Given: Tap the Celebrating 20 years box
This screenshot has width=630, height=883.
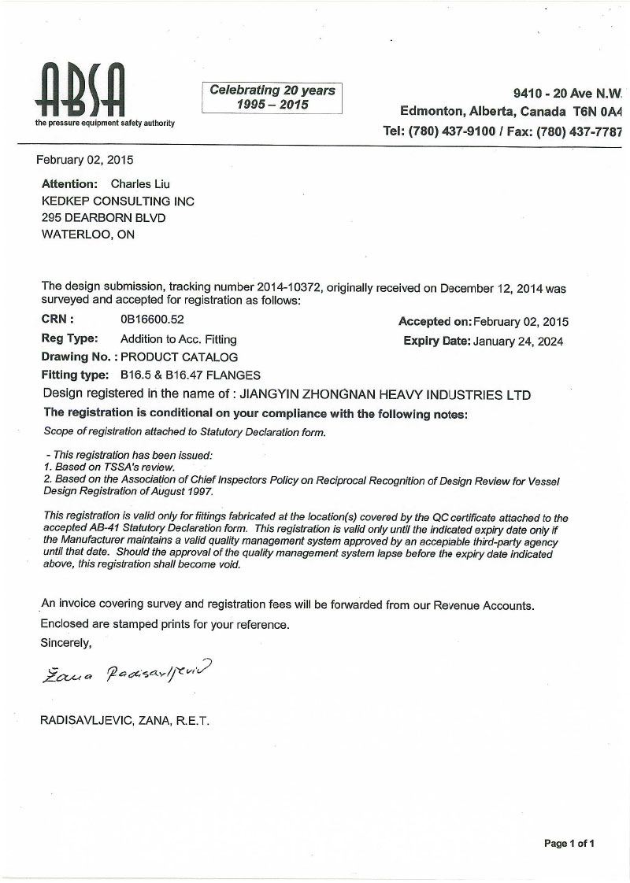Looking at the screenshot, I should pyautogui.click(x=272, y=98).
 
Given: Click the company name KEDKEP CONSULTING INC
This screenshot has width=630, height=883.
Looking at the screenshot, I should pyautogui.click(x=117, y=201).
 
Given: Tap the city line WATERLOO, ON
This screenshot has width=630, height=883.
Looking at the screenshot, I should pyautogui.click(x=87, y=234).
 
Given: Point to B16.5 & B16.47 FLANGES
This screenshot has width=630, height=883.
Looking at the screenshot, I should pyautogui.click(x=190, y=375).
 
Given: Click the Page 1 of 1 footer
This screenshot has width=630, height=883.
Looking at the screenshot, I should pyautogui.click(x=569, y=844).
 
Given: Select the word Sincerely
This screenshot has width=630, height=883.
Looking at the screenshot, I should pyautogui.click(x=66, y=642).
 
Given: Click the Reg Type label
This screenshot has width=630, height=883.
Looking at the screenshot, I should pyautogui.click(x=69, y=338).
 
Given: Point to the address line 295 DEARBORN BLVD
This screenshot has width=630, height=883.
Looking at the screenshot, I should pyautogui.click(x=103, y=217).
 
